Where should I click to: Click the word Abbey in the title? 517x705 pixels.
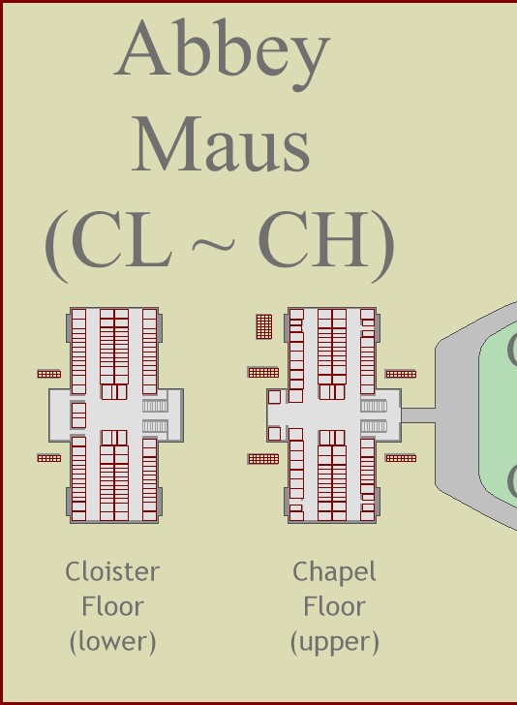click(x=223, y=54)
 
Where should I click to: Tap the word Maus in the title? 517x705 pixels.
click(x=221, y=144)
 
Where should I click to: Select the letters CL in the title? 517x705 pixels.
click(x=122, y=239)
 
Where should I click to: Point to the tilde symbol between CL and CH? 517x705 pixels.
click(x=214, y=244)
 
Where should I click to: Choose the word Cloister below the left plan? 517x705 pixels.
click(x=112, y=572)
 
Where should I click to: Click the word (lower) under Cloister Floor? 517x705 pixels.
click(x=113, y=642)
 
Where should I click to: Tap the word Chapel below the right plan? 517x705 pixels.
click(x=334, y=573)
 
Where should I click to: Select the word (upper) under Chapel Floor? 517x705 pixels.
click(x=335, y=642)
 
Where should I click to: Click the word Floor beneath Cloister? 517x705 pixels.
click(x=112, y=606)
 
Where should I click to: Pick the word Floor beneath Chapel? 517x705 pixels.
click(x=334, y=606)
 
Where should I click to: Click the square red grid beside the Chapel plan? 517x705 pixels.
click(x=264, y=326)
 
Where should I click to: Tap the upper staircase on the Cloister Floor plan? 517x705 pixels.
click(x=155, y=406)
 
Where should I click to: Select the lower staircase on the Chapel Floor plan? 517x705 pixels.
click(x=374, y=426)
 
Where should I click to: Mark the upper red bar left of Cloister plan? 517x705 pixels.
click(x=49, y=374)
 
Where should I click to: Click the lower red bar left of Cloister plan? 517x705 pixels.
click(x=49, y=458)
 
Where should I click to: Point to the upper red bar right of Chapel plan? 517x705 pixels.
click(x=401, y=374)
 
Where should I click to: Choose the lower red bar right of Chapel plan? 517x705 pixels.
click(x=401, y=458)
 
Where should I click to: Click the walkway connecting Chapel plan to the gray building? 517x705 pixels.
click(x=418, y=415)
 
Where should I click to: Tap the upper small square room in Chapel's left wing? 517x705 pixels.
click(x=274, y=397)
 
